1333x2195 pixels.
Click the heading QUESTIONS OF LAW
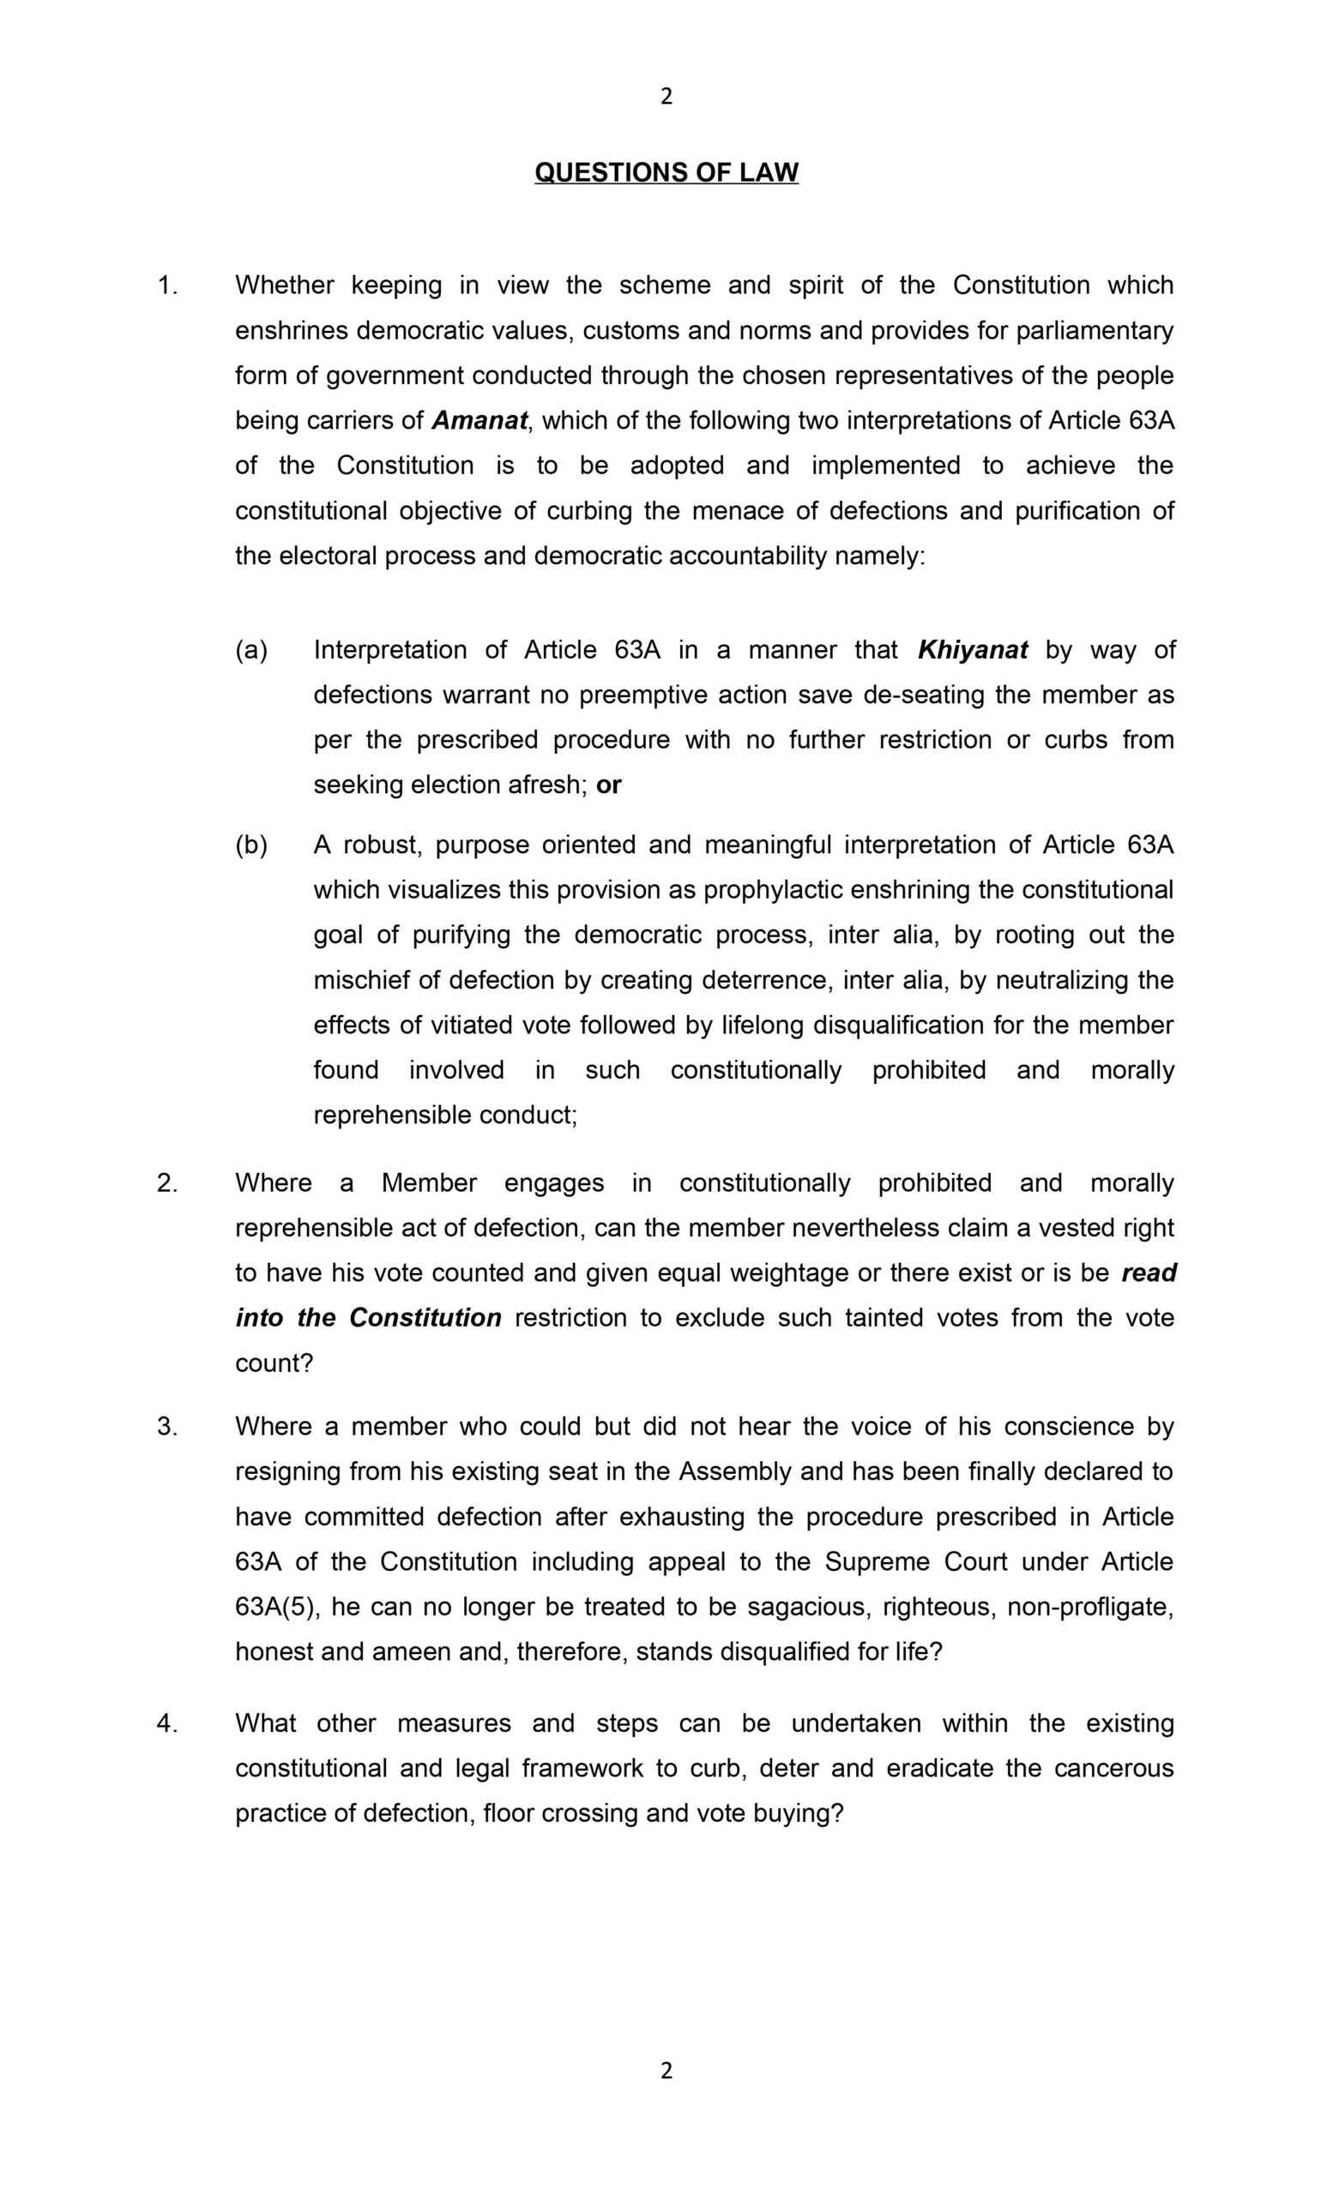click(666, 172)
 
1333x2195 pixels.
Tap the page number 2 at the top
click(666, 96)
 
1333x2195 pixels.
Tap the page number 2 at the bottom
click(666, 2072)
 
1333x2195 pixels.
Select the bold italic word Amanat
click(480, 420)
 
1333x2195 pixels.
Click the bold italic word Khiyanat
click(972, 649)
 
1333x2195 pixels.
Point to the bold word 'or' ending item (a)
click(608, 785)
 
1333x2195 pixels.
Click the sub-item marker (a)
click(251, 649)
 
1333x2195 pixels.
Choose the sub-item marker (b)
click(251, 845)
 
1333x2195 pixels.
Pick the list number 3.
click(167, 1426)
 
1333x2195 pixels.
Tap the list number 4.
click(167, 1723)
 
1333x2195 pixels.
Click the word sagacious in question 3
click(809, 1607)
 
